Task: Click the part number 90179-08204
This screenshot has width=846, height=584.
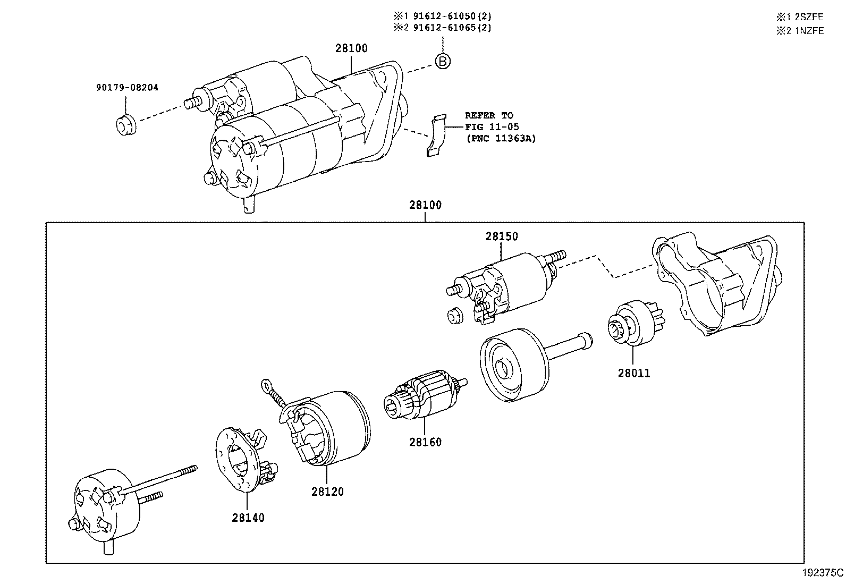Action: coord(127,88)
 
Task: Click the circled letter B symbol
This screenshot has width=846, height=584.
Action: coord(443,62)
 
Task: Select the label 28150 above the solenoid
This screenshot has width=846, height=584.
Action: coord(501,236)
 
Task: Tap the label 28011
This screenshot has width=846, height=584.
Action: coord(633,373)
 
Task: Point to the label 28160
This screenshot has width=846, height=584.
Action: coord(425,442)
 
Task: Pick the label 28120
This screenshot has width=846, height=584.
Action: coord(327,492)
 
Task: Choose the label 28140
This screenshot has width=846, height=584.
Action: coord(248,517)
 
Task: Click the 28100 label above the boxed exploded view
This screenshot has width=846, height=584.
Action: coord(425,205)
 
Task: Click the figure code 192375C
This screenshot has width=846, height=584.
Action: coord(822,573)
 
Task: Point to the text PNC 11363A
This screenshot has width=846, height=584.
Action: coord(501,139)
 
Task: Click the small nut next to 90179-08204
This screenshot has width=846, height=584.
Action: coord(126,125)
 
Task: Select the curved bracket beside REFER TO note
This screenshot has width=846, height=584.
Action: coord(437,135)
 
